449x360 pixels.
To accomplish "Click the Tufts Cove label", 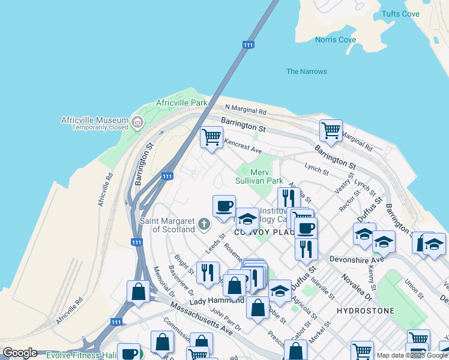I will pyautogui.click(x=400, y=14).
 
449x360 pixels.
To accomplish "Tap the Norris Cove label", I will pyautogui.click(x=335, y=40).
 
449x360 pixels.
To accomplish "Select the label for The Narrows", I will pyautogui.click(x=306, y=71).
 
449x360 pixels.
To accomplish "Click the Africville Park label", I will pyautogui.click(x=181, y=103).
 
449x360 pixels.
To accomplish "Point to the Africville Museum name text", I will pyautogui.click(x=94, y=120).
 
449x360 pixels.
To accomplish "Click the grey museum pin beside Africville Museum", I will pyautogui.click(x=137, y=123).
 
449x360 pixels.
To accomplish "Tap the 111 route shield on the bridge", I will pyautogui.click(x=248, y=44).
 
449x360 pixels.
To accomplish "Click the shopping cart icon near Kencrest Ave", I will pyautogui.click(x=211, y=137).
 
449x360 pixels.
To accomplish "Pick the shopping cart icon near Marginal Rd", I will pyautogui.click(x=331, y=130).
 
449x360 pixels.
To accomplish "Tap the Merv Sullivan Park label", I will pyautogui.click(x=259, y=176).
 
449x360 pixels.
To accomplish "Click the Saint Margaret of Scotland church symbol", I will pyautogui.click(x=203, y=224).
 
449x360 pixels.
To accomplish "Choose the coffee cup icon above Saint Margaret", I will pyautogui.click(x=224, y=206).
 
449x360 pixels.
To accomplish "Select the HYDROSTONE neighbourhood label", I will pyautogui.click(x=366, y=311).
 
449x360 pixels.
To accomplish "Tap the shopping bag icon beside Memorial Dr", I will pyautogui.click(x=138, y=292).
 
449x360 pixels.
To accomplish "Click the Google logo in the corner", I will pyautogui.click(x=20, y=353).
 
